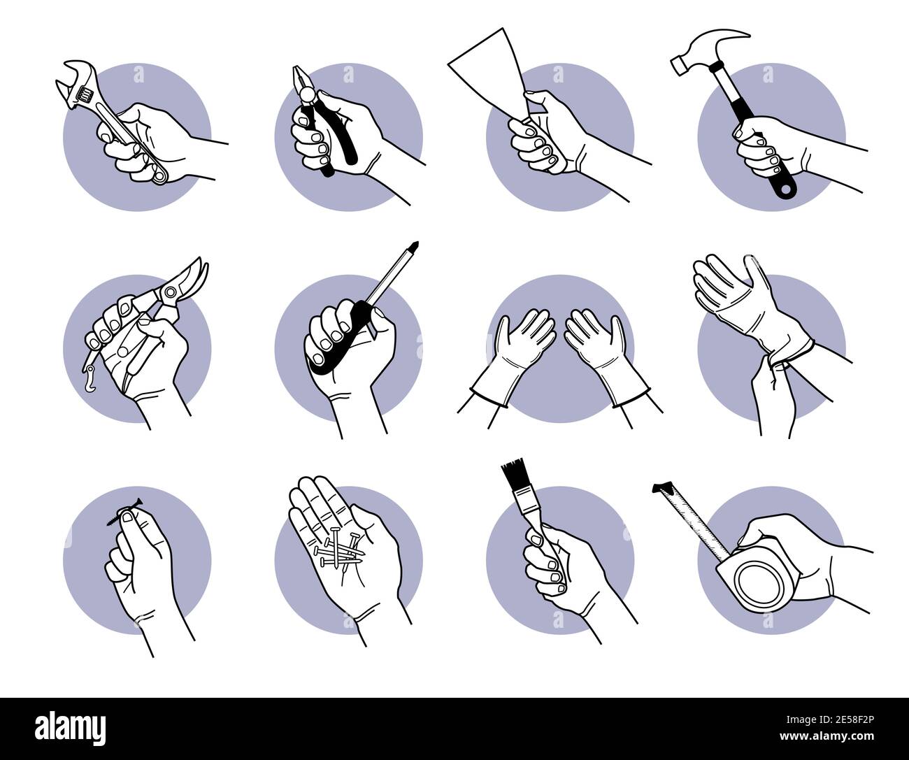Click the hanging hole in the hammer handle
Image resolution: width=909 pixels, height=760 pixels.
pyautogui.click(x=786, y=189)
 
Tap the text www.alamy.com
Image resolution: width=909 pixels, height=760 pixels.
pyautogui.click(x=826, y=736)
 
